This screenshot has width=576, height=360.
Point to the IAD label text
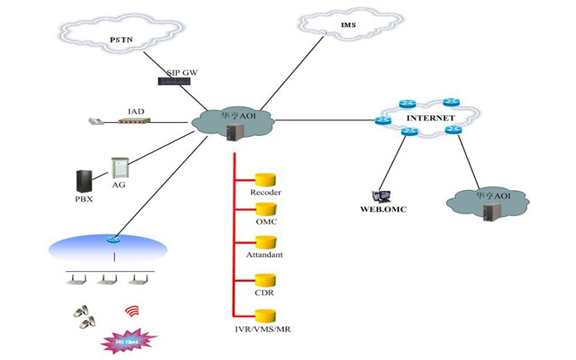136,111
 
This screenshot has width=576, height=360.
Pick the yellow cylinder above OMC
265,210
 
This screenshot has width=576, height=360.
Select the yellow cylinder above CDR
265,281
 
